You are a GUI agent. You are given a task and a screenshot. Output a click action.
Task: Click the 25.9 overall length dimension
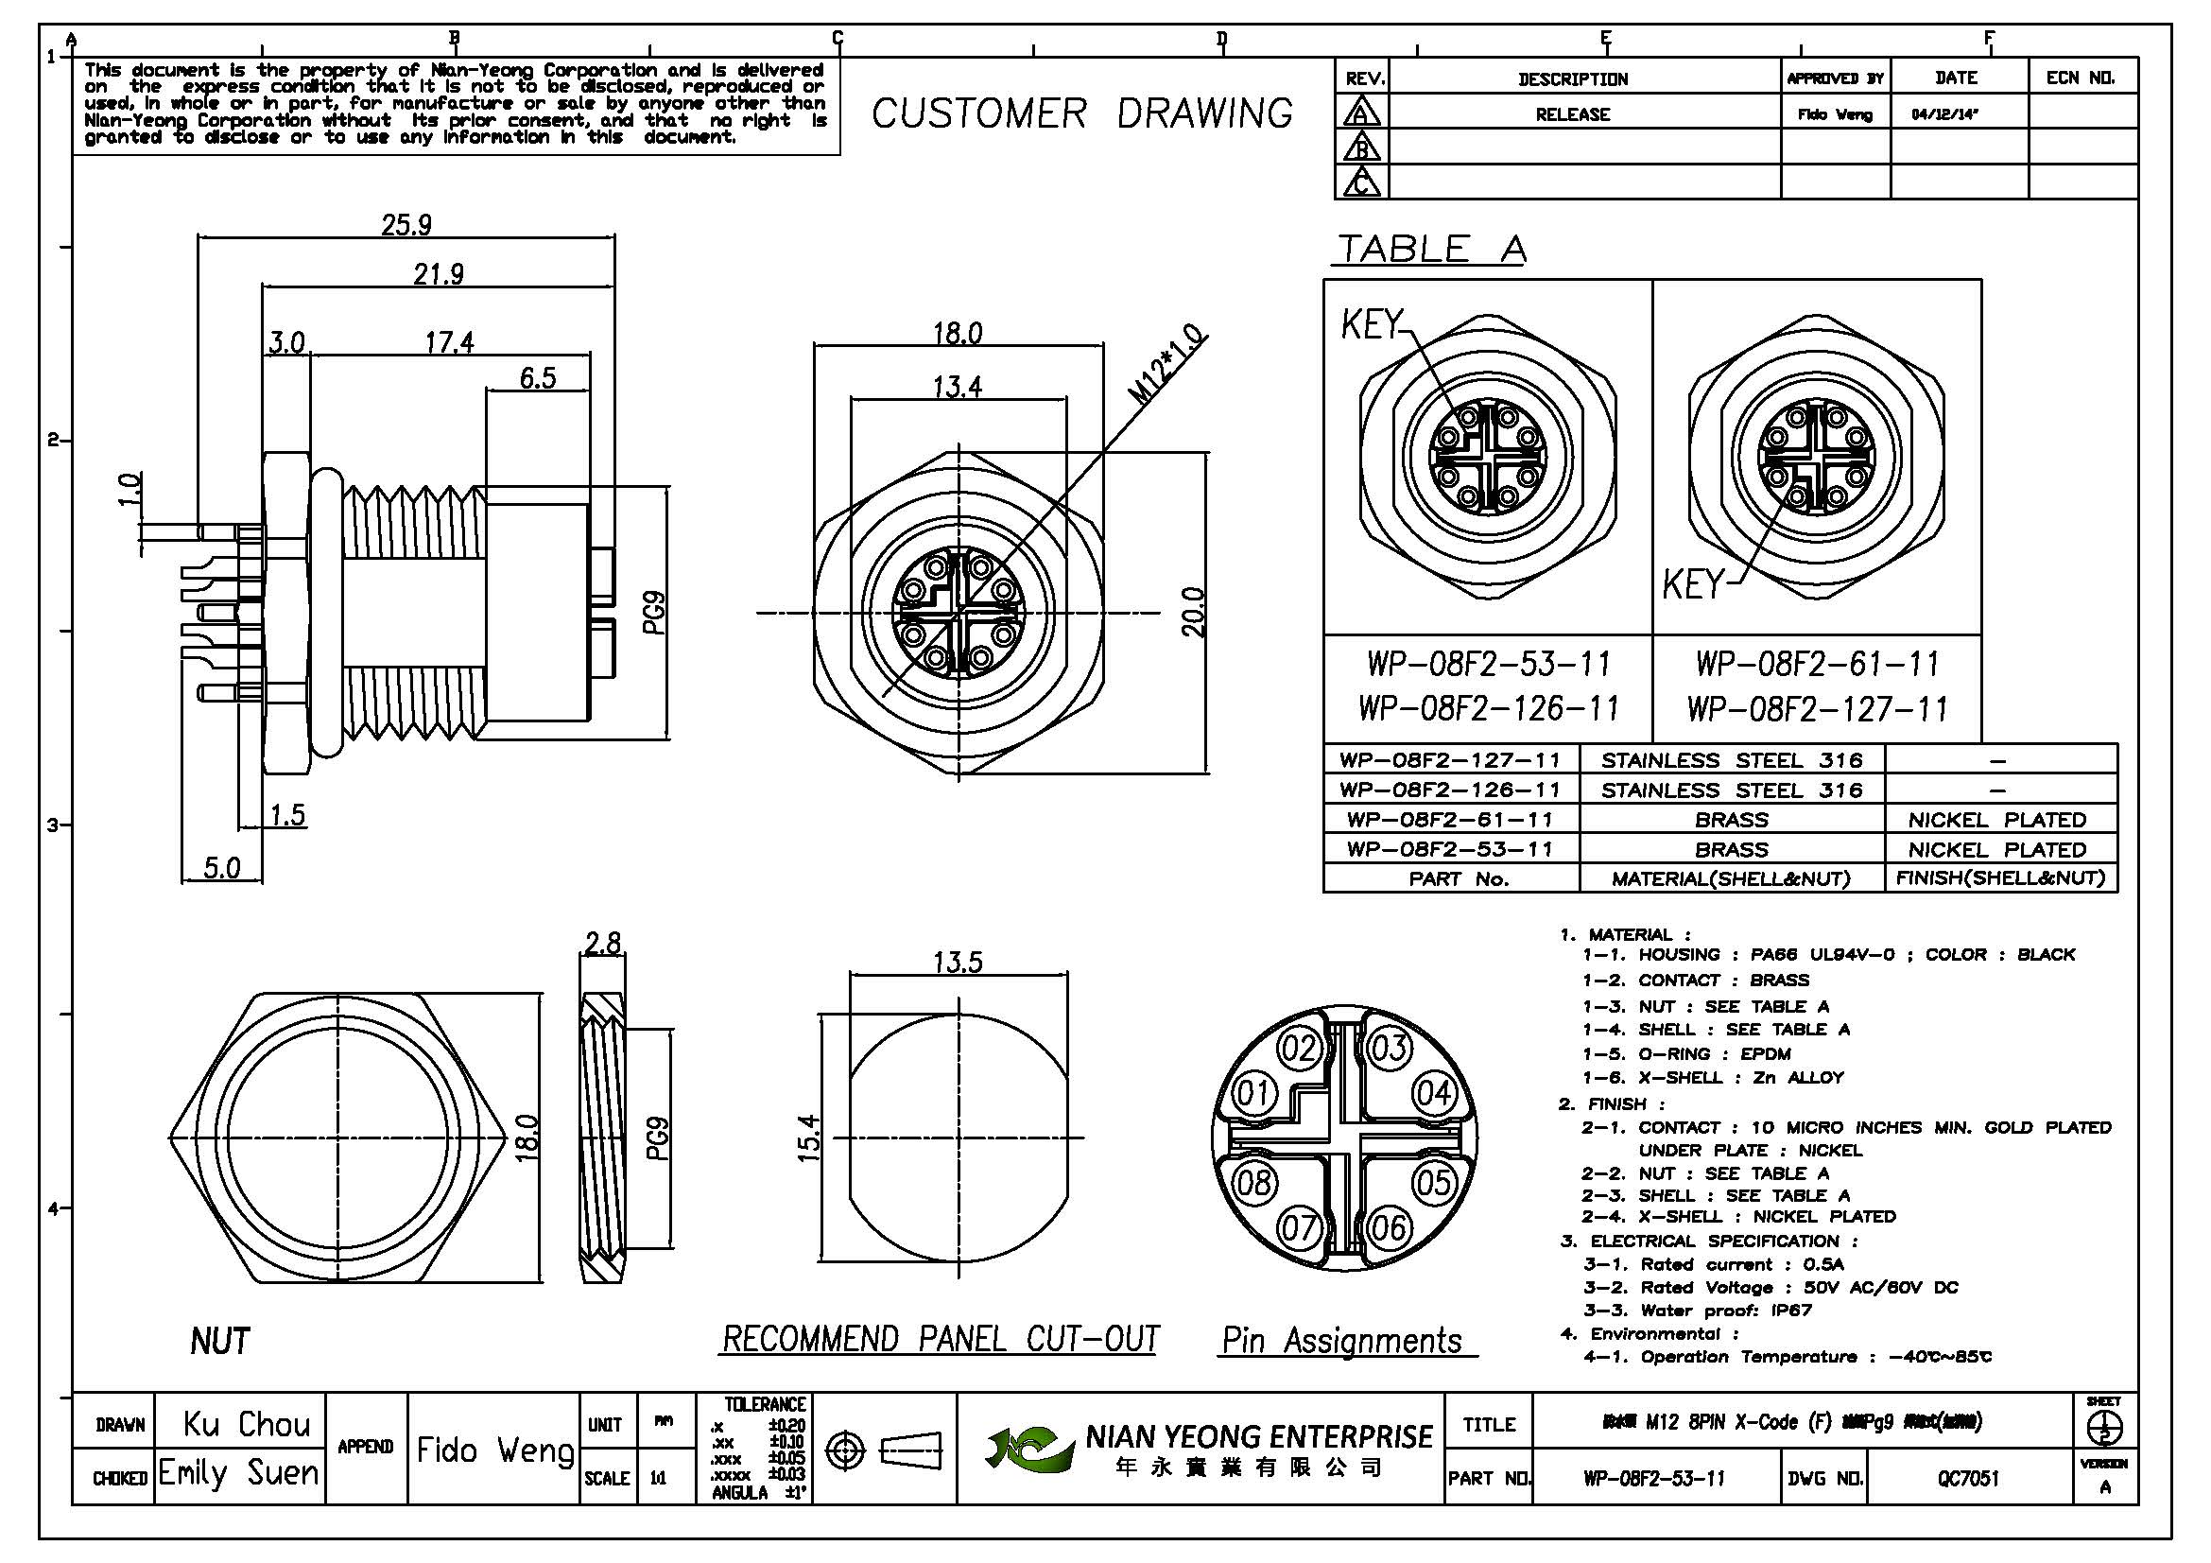tap(406, 225)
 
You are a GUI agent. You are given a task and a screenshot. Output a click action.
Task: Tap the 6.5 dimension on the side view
tap(537, 377)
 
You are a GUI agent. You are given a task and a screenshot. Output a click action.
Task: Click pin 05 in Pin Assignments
tap(1434, 1182)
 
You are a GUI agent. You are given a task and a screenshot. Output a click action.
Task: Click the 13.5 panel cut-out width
tap(958, 962)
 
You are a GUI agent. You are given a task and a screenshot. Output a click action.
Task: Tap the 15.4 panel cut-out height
tap(810, 1138)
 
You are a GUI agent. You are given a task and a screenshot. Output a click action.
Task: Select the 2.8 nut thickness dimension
tap(603, 942)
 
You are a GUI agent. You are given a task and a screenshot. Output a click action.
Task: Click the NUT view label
tap(220, 1341)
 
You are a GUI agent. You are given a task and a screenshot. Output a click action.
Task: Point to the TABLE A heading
tap(1431, 250)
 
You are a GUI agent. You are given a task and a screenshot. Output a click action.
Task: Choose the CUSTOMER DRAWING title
tap(1082, 113)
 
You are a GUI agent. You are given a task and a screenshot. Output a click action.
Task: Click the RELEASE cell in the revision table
tap(1573, 114)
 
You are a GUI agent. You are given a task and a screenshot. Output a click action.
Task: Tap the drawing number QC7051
tap(1968, 1478)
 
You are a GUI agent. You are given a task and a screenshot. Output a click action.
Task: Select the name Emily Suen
tap(238, 1472)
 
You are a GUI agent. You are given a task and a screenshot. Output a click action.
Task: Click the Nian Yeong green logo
tap(1028, 1448)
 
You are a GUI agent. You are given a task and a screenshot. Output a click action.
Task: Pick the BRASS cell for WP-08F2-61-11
tap(1732, 820)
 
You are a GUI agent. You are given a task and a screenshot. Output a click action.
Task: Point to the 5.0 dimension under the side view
tap(221, 868)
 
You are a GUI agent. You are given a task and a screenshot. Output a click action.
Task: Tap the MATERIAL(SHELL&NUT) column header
tap(1732, 878)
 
